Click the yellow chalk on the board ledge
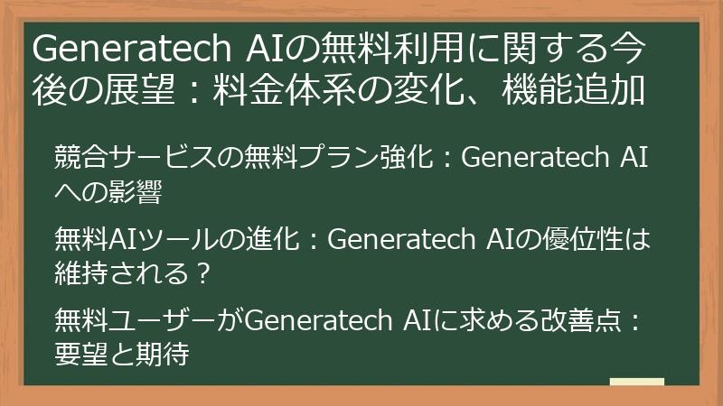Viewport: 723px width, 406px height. tap(637, 383)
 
